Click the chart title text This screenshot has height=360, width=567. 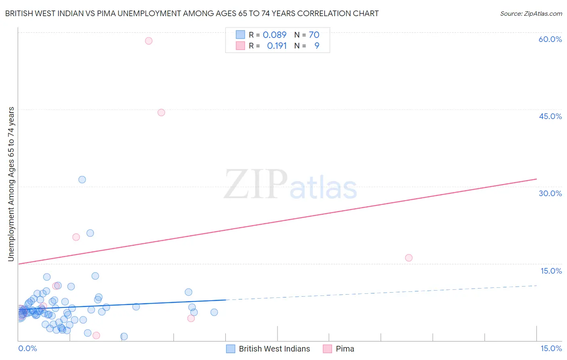tap(192, 13)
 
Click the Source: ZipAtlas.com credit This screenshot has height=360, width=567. tap(531, 14)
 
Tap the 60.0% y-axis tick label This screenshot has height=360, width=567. tap(550, 39)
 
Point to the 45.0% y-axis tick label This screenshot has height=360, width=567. tap(550, 116)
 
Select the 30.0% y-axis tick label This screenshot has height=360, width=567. tap(550, 193)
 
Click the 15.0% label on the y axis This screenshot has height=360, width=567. tap(551, 271)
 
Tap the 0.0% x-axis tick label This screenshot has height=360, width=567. tap(27, 348)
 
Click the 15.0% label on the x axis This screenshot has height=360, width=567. tap(551, 348)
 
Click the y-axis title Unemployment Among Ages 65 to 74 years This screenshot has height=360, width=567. tap(11, 184)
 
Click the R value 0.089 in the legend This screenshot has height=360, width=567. tap(274, 35)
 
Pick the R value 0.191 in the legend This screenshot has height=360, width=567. tap(277, 46)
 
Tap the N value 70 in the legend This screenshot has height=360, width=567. tap(314, 35)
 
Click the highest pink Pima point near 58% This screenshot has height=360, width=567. tap(148, 41)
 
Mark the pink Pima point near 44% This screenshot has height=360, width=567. tap(161, 113)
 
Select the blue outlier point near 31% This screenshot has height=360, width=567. tap(82, 180)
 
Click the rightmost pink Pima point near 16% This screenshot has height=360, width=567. tap(409, 258)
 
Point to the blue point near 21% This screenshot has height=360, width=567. tap(90, 233)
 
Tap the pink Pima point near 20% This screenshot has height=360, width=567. tap(76, 237)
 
